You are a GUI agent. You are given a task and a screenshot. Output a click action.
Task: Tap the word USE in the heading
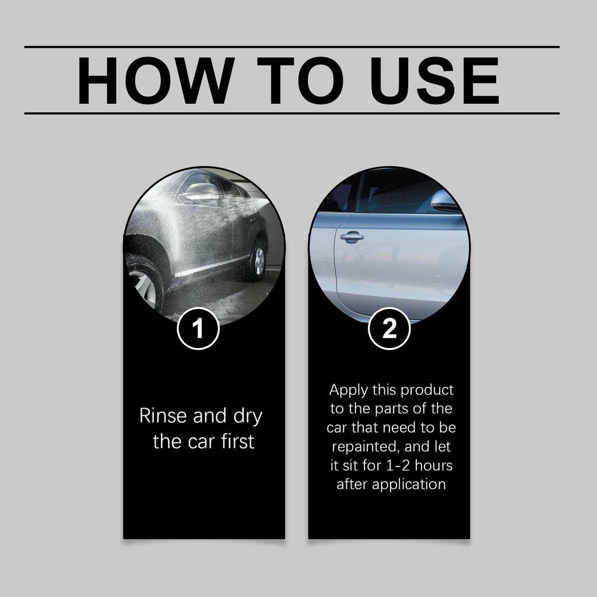(434, 80)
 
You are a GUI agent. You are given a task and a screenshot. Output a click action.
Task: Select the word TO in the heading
(300, 80)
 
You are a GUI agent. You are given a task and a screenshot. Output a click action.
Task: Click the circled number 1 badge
(198, 329)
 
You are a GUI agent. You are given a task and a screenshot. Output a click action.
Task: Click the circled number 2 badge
(389, 328)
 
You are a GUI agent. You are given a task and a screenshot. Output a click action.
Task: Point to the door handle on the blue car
(352, 237)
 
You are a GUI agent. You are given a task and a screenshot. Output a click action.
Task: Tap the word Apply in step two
(349, 390)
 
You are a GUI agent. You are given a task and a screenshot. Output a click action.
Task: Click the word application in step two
(409, 484)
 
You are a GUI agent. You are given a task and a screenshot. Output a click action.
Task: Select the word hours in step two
(433, 465)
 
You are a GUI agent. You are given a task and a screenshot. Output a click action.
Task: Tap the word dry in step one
(248, 416)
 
